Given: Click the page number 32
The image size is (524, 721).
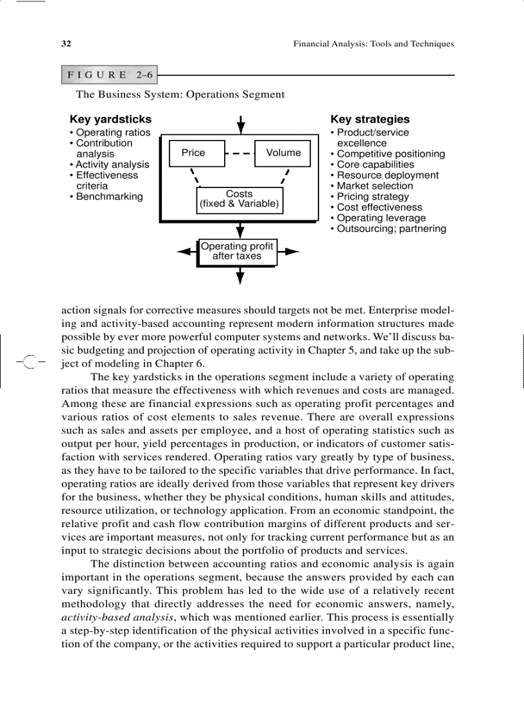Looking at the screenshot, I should click(65, 44).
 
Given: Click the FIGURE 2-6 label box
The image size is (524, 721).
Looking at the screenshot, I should click(109, 75).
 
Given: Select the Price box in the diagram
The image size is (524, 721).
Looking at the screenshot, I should click(193, 153).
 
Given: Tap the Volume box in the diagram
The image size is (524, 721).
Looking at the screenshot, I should click(283, 153).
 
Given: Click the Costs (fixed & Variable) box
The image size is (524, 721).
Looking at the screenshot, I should click(240, 199).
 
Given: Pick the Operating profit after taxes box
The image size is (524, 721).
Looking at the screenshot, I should click(237, 251).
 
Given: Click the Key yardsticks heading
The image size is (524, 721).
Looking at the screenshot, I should click(110, 119).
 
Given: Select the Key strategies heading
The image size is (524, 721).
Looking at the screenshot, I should click(369, 119).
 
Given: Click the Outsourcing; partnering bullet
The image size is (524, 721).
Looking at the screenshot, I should click(389, 229).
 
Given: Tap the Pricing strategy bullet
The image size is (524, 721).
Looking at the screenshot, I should click(370, 196).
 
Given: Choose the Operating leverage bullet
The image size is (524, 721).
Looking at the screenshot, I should click(378, 218).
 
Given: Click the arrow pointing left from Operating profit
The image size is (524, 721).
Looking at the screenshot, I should click(186, 251).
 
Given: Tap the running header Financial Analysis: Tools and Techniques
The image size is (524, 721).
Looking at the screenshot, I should click(373, 44).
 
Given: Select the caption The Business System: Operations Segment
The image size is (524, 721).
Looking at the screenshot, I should click(180, 94).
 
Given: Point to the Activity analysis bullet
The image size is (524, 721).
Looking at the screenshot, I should click(109, 164).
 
